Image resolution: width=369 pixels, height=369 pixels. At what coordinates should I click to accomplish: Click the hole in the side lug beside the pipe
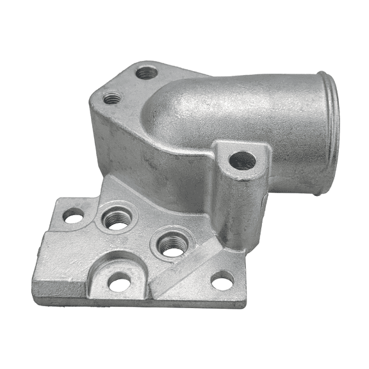coord(242,160)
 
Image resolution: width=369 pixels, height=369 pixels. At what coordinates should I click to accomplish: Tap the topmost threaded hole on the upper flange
coord(146,73)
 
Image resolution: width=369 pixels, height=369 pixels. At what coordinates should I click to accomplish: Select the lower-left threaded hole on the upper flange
coord(113,99)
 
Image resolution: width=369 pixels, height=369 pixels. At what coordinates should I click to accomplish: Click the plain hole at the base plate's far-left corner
coord(73,217)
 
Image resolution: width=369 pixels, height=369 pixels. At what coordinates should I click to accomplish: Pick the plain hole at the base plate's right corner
coord(222,280)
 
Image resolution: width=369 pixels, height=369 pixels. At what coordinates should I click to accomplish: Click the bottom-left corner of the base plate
coord(35,282)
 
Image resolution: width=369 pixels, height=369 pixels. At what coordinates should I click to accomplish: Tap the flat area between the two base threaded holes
coord(145,234)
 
